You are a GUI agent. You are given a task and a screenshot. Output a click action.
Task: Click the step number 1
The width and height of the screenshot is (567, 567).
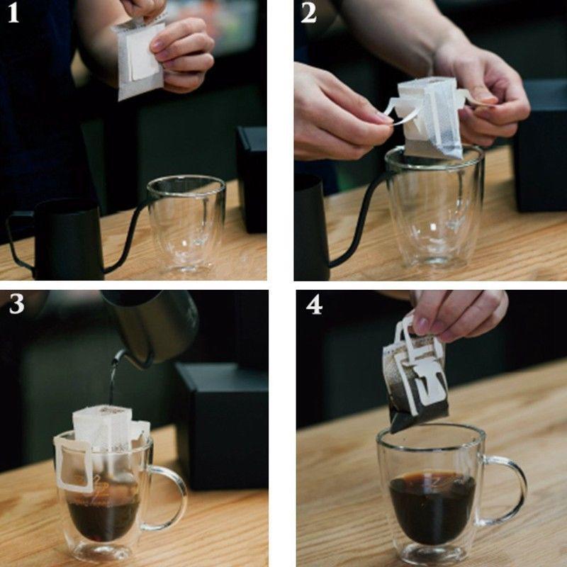tap(13, 13)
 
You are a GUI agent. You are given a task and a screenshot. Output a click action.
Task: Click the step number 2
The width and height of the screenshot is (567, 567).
tap(308, 13)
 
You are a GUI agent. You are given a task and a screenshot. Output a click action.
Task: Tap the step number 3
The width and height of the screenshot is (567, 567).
tap(16, 304)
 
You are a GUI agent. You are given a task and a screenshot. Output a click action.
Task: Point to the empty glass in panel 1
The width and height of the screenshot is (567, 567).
tap(186, 224)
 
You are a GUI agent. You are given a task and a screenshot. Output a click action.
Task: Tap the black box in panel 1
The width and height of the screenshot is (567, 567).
tap(252, 179)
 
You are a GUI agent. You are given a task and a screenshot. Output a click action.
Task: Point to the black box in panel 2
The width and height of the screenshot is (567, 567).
tap(541, 145)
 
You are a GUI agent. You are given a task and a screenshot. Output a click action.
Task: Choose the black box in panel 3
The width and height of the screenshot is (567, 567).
tap(221, 426)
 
